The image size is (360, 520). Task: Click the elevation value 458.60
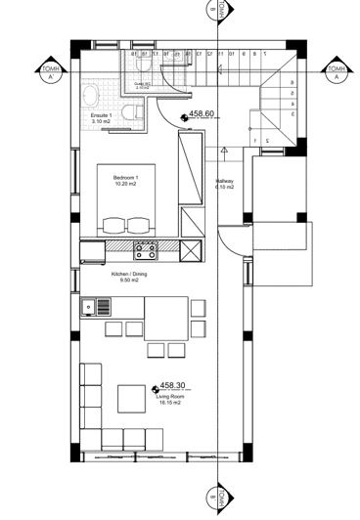pyautogui.click(x=202, y=114)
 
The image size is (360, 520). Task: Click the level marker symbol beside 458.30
pyautogui.click(x=155, y=388)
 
